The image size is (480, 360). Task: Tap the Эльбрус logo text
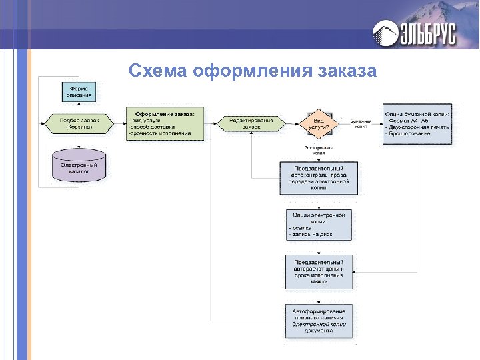427,33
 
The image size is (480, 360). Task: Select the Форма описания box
79,92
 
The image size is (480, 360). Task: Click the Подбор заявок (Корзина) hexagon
79,123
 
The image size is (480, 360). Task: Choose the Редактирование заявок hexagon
251,123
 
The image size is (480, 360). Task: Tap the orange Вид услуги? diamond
318,123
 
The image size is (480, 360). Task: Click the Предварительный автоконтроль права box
318,178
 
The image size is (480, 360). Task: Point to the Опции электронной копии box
318,225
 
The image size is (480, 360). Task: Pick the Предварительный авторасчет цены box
318,272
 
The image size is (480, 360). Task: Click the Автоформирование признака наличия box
318,320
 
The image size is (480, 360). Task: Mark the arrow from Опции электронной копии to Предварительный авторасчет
318,247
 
